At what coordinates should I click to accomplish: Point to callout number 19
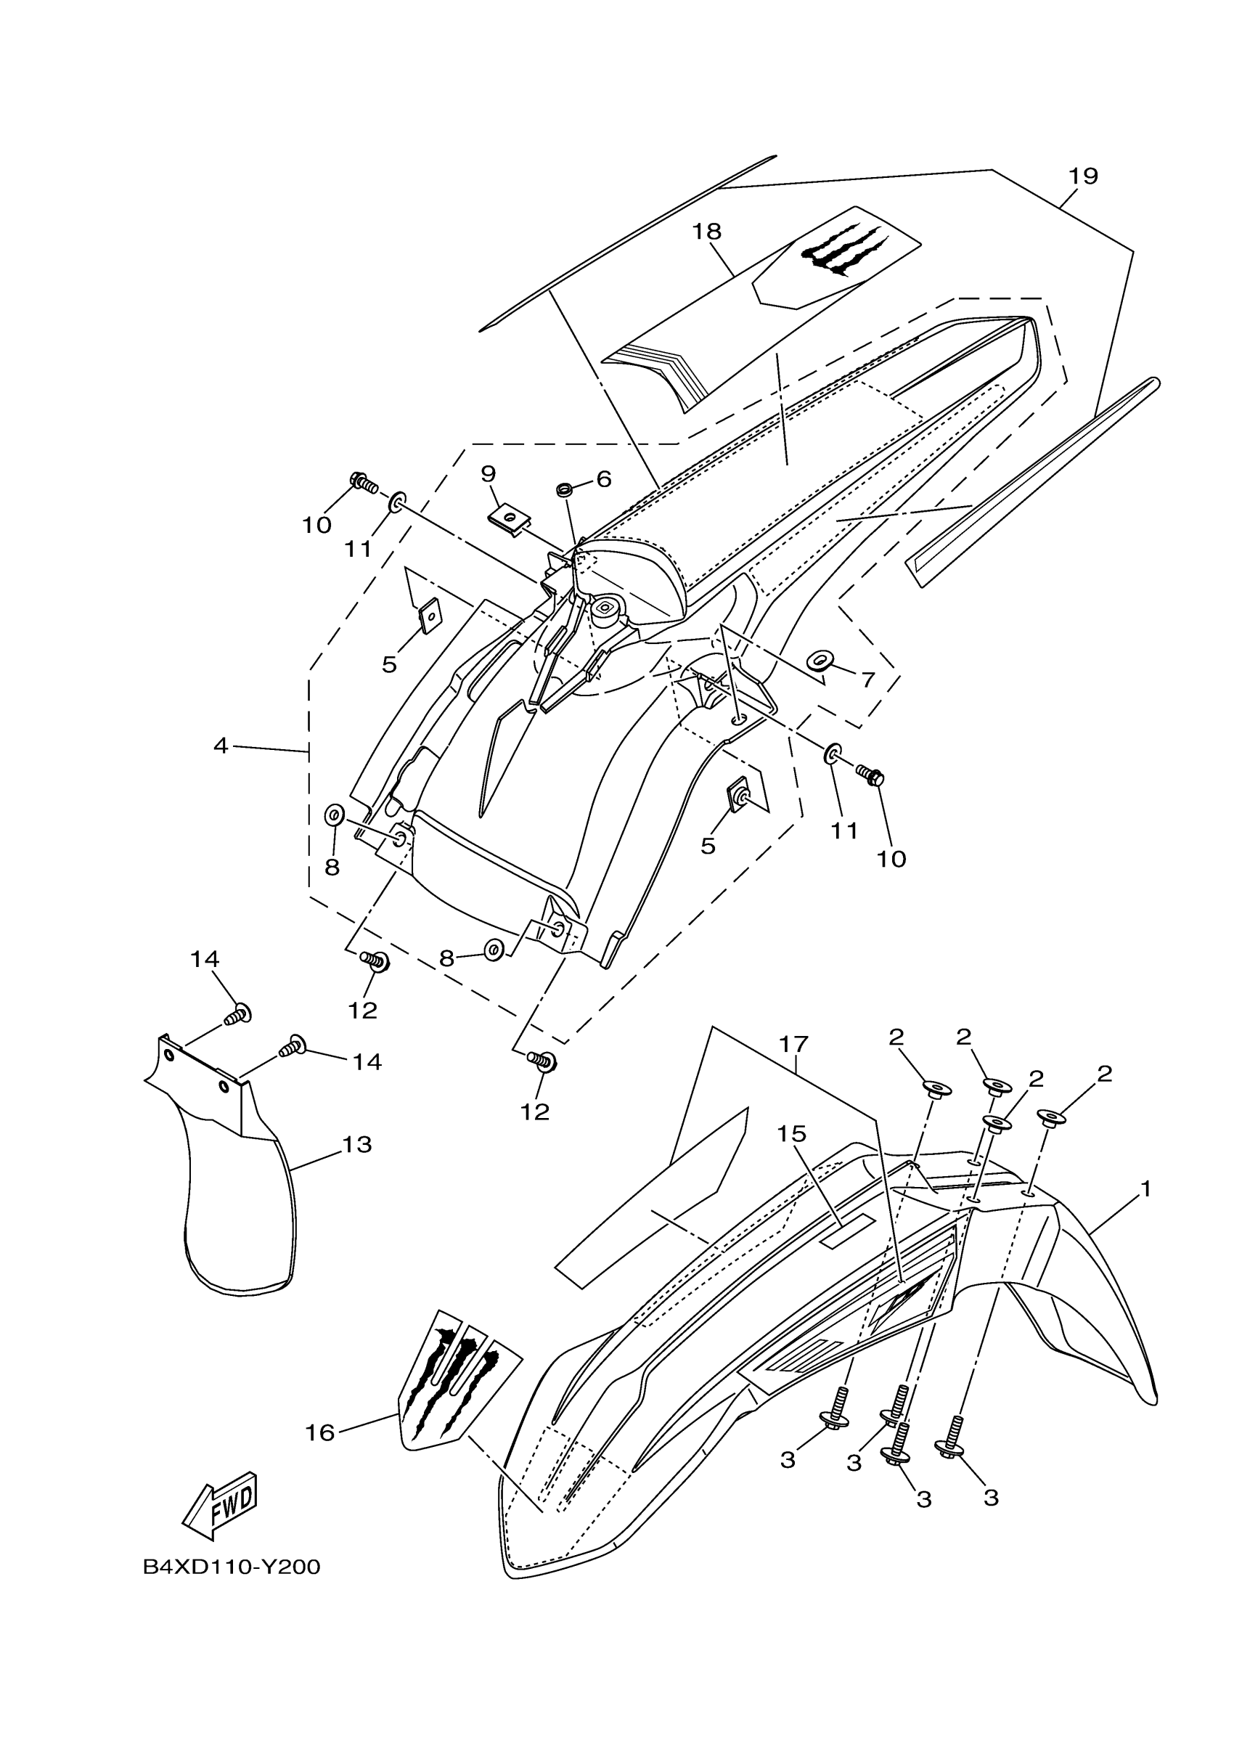point(1084,176)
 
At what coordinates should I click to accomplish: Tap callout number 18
point(706,231)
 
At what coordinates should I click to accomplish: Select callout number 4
point(221,746)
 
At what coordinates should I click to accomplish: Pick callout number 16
point(320,1432)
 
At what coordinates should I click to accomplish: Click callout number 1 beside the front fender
point(1145,1188)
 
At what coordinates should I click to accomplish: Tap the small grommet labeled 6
point(565,486)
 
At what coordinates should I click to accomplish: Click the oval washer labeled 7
point(820,659)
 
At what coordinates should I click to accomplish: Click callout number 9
point(488,474)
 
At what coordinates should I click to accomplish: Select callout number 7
point(867,679)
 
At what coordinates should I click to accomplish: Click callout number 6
point(604,479)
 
